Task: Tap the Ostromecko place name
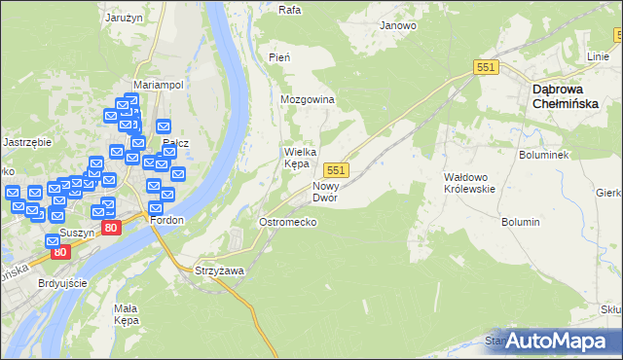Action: click(287, 222)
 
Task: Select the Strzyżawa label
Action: click(219, 270)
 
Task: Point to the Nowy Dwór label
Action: click(325, 192)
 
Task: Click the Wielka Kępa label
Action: click(303, 158)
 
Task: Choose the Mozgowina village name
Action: click(308, 100)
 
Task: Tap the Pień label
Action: click(279, 58)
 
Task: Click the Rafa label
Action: click(289, 11)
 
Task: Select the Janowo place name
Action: click(398, 25)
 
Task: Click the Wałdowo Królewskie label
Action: click(470, 183)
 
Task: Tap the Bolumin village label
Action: click(521, 222)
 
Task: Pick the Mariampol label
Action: click(159, 85)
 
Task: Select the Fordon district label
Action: click(166, 220)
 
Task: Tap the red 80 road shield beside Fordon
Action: click(111, 229)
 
